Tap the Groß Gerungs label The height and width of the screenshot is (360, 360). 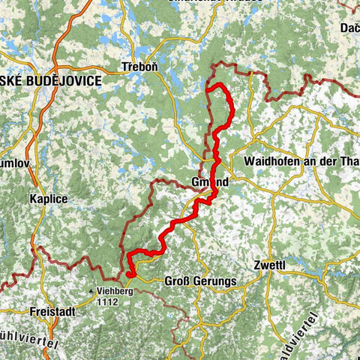(199, 282)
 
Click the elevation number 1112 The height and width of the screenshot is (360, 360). (109, 301)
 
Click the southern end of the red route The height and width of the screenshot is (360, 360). (130, 274)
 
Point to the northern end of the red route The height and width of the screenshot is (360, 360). (207, 90)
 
